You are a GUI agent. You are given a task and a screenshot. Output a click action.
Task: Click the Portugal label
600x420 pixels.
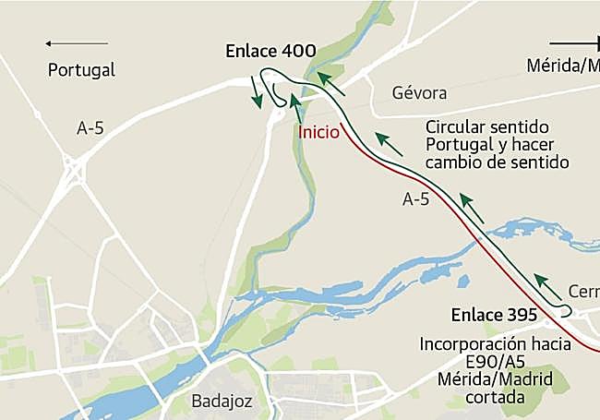coord(81,69)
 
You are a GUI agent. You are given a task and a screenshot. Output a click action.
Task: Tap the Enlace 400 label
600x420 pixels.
coord(271,52)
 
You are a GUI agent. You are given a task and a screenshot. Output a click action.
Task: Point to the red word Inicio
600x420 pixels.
coord(319,131)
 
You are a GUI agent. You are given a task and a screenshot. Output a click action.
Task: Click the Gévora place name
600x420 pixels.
coord(419,93)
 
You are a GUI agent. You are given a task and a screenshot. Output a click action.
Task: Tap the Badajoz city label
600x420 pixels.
coord(222,401)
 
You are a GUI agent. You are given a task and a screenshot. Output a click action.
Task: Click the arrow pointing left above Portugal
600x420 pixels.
coord(76,43)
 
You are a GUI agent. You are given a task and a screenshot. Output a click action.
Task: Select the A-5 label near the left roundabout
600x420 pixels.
coord(90,129)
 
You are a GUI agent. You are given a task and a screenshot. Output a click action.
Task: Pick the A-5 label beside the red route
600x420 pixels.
coord(419,198)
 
